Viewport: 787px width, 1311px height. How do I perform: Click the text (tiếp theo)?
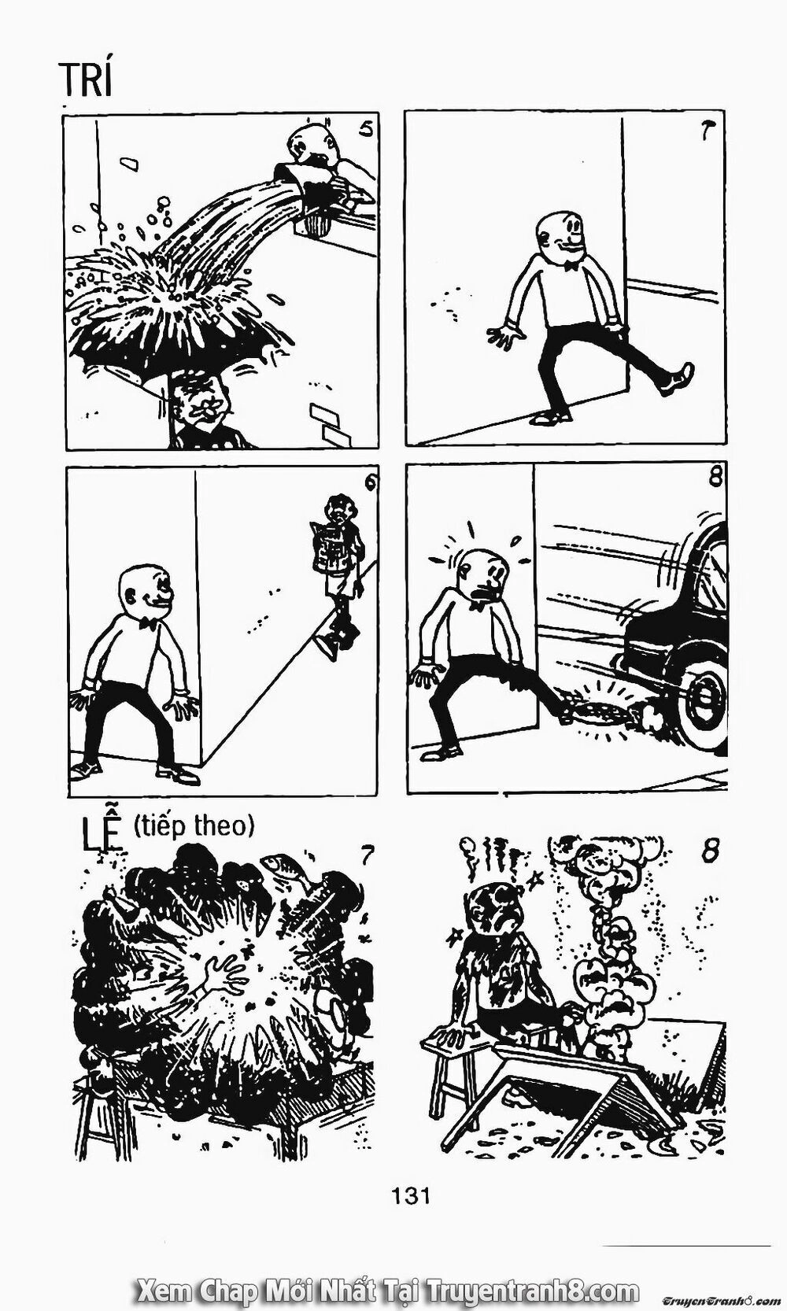[x=193, y=826]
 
